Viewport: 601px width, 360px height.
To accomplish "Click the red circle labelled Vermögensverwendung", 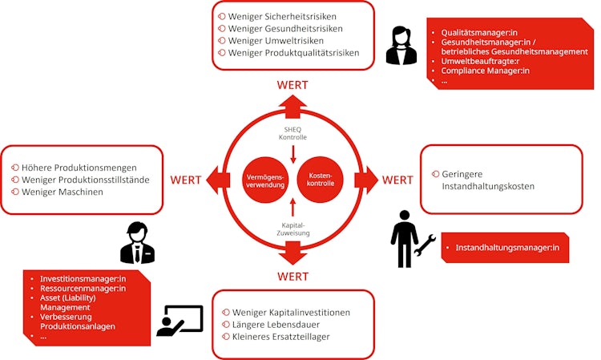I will coord(265,178).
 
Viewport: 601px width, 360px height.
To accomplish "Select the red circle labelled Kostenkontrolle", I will coord(321,178).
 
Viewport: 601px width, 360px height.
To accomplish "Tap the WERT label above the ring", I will coord(292,85).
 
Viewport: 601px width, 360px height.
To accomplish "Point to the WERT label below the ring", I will coord(292,277).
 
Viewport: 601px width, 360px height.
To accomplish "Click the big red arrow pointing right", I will coord(365,180).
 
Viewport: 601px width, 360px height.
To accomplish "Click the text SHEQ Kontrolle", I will coord(292,132).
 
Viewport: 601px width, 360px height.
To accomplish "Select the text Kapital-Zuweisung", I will coord(292,229).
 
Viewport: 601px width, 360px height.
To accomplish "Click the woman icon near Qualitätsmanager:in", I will coord(401,46).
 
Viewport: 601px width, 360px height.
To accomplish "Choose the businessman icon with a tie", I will coord(137,243).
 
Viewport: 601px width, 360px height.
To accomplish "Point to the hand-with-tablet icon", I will coord(180,321).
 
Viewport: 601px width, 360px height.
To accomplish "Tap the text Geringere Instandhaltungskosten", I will coord(487,180).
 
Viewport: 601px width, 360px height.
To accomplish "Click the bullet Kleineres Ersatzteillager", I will coord(280,336).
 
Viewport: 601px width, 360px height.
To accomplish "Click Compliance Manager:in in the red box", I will coord(485,71).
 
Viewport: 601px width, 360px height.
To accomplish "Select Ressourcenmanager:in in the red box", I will coord(83,287).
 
